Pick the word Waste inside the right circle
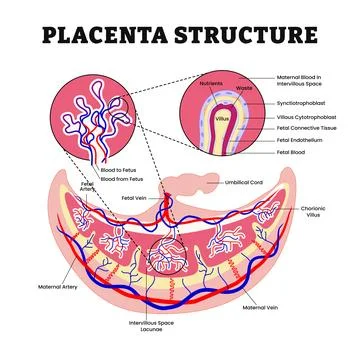click(239, 89)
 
